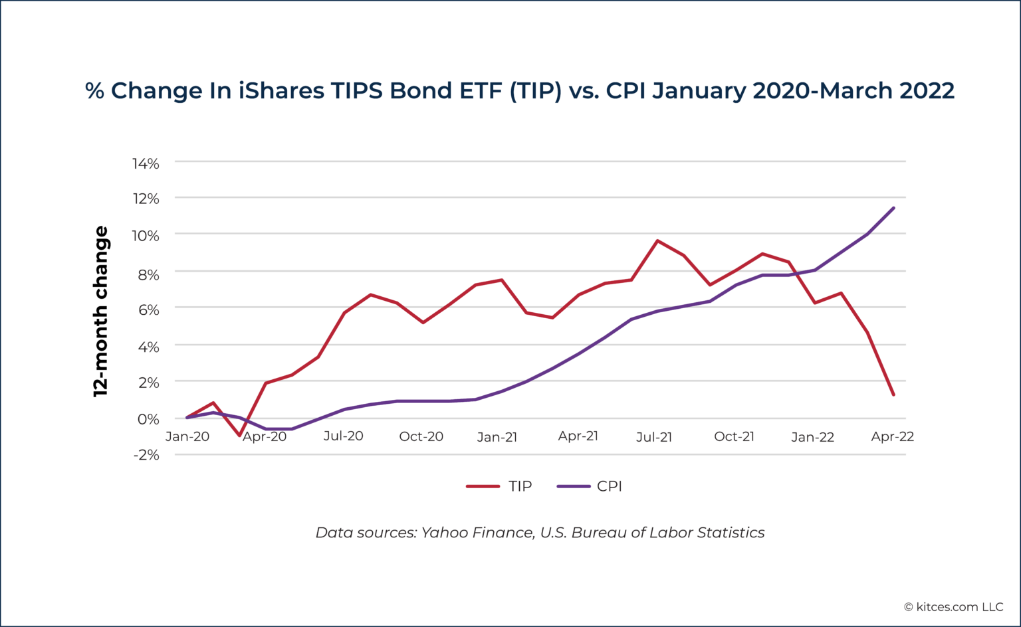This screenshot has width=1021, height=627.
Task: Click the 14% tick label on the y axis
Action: coord(146,163)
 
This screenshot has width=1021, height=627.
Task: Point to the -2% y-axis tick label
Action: coord(146,455)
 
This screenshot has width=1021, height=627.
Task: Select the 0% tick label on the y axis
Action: coord(148,419)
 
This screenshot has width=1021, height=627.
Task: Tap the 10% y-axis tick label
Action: coord(146,236)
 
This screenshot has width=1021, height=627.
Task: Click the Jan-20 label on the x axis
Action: coord(187,436)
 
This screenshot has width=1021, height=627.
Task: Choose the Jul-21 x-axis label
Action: coord(654,436)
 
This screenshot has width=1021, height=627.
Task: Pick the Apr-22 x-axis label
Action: coord(892,436)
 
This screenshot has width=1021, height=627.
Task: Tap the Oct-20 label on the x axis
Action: coord(421,436)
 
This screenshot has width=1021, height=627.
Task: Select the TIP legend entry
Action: coord(500,486)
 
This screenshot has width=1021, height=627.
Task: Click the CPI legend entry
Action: coord(590,486)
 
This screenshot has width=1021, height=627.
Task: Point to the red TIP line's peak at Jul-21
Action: coord(657,240)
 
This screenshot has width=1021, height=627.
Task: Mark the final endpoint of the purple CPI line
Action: coord(893,208)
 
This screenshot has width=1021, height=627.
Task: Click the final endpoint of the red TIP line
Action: coord(893,395)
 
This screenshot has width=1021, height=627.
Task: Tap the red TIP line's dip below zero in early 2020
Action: coord(239,435)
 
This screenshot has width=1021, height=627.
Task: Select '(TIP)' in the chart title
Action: coord(535,90)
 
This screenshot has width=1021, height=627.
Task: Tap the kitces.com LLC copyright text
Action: coord(953,606)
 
